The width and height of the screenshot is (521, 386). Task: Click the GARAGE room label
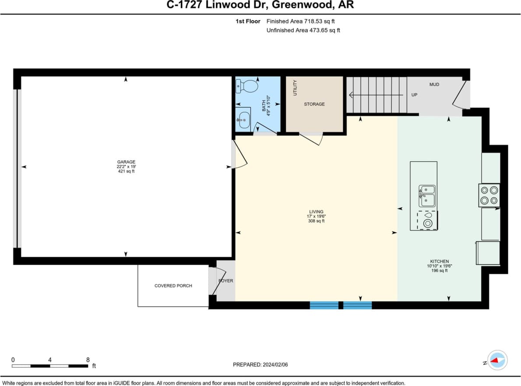click(x=126, y=162)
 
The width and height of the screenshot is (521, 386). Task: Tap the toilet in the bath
click(x=248, y=86)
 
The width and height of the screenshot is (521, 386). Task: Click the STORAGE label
click(x=314, y=104)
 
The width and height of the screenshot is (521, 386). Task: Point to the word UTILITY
click(x=295, y=88)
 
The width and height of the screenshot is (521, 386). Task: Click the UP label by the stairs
click(x=414, y=95)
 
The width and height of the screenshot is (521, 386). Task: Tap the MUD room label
click(x=434, y=85)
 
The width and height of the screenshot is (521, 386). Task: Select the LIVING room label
click(x=316, y=212)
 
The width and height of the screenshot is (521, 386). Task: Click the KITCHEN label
click(x=439, y=262)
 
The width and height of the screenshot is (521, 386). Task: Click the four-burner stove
click(x=489, y=195)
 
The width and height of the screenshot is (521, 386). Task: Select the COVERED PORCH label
click(x=173, y=286)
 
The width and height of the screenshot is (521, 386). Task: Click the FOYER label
click(x=226, y=281)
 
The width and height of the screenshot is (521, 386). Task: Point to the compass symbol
click(x=497, y=361)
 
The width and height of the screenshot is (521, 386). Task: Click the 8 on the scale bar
click(x=88, y=360)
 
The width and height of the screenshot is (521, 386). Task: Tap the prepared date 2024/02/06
click(x=279, y=365)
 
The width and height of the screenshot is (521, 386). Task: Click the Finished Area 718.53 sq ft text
click(x=301, y=21)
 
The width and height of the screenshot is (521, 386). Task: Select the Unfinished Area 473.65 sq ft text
click(x=303, y=30)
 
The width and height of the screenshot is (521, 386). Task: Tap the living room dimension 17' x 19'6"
click(x=316, y=216)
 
